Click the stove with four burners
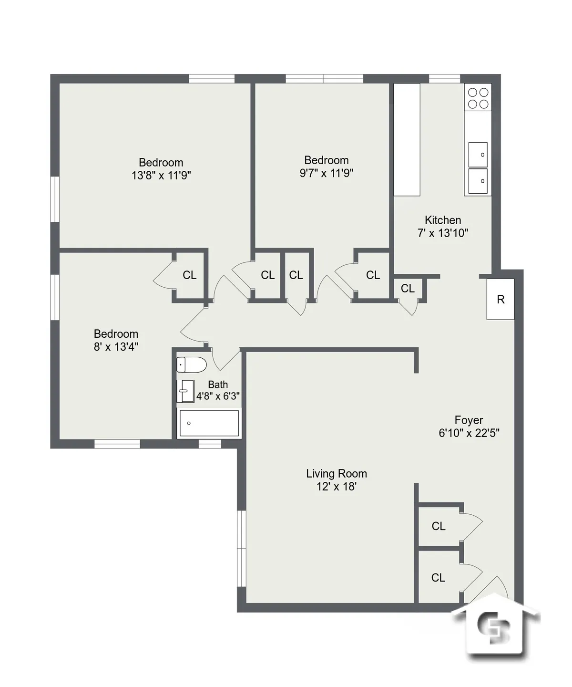click(478, 98)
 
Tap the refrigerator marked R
click(500, 299)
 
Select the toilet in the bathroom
click(191, 365)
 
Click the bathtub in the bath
click(209, 423)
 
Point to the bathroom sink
click(185, 391)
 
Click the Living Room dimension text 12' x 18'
click(337, 487)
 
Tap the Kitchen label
click(443, 220)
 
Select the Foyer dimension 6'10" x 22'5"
click(469, 433)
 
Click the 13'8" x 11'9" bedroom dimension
click(161, 175)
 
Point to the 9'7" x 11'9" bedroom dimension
click(327, 173)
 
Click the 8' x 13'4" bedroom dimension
click(116, 347)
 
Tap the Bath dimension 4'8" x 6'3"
click(218, 396)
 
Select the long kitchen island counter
click(407, 139)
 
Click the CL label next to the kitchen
click(408, 288)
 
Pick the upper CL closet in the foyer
click(439, 526)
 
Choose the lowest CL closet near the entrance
click(438, 577)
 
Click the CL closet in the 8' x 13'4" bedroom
click(189, 275)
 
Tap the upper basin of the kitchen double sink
click(478, 154)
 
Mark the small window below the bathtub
click(210, 444)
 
